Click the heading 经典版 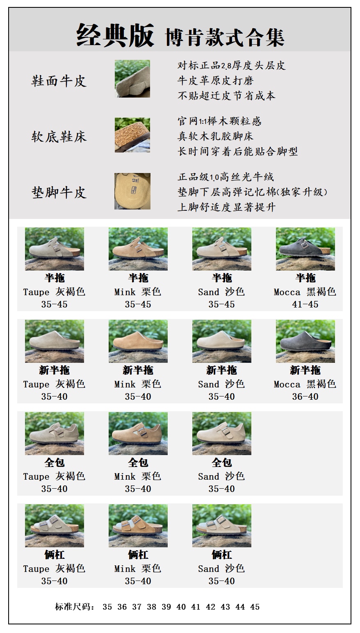[x=115, y=36]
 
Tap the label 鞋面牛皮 [x=59, y=82]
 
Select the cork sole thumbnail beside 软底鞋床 [x=132, y=135]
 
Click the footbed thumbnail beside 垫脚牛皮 [x=132, y=191]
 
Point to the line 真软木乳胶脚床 [x=215, y=136]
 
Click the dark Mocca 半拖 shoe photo [x=305, y=249]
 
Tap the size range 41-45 [x=305, y=304]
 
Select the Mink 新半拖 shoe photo [x=138, y=341]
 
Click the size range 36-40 [x=305, y=396]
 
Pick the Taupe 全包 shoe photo [x=55, y=433]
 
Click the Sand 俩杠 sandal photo [x=222, y=526]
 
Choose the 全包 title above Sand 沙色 [x=222, y=462]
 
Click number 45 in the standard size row [x=255, y=607]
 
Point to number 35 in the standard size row [x=107, y=607]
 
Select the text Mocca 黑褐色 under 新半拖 [x=305, y=384]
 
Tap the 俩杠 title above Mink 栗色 [x=138, y=555]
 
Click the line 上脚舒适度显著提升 [x=226, y=207]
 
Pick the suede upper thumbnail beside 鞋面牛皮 [x=132, y=79]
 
